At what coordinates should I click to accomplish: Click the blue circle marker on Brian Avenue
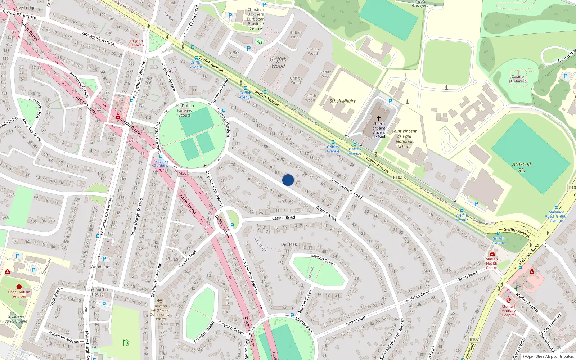pos(288,180)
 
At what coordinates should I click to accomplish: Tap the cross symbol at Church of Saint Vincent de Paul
pos(379,118)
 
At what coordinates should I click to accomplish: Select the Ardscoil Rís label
pos(521,167)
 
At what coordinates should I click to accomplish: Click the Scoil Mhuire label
pos(342,101)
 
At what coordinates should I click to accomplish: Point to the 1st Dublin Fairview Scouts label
pos(185,111)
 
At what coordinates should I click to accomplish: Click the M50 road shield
pos(183,173)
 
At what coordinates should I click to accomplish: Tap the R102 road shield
pos(397,177)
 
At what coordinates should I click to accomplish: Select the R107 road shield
pos(474,339)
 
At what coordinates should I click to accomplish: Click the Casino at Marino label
pos(517,79)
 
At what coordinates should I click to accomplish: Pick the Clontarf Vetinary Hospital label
pos(509,311)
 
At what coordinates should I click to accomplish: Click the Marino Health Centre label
pos(491,263)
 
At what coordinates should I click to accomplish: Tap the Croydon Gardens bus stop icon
pos(161,157)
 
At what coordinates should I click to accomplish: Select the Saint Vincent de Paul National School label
pos(404,139)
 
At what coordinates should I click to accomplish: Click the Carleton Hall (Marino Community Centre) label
pos(160,312)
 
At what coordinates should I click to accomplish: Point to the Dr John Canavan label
pos(136,43)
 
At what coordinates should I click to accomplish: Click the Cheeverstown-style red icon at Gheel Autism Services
pos(19,287)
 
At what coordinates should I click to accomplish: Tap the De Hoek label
pos(289,244)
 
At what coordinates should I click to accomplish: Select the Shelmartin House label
pos(98,292)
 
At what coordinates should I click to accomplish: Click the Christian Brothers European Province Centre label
pos(256,19)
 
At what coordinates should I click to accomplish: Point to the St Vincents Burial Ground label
pos(16,319)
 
